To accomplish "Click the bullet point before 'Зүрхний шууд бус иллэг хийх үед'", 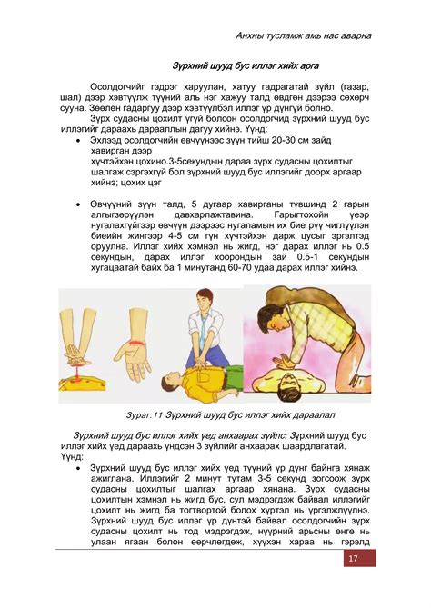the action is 82,467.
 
